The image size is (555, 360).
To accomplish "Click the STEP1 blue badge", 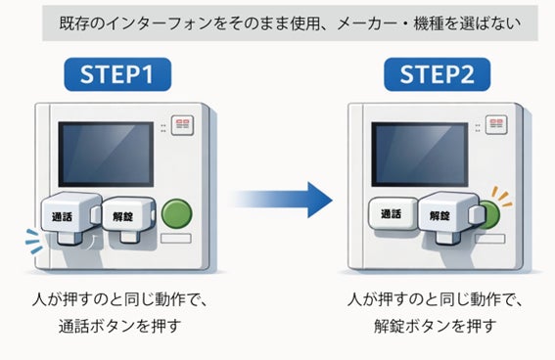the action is [117, 74].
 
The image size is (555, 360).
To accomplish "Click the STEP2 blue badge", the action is [438, 74].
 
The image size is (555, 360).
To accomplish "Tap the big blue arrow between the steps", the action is [281, 200].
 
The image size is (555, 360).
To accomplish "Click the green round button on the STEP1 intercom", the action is [176, 213].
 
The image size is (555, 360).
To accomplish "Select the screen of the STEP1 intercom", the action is [106, 155].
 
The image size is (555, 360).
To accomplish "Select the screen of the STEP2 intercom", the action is [420, 155].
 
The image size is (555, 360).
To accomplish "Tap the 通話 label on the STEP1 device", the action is [63, 216].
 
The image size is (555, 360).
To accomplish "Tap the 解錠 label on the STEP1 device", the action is [122, 216].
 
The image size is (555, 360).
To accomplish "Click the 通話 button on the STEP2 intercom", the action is [393, 213].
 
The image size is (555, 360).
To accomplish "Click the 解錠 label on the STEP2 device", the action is [439, 215].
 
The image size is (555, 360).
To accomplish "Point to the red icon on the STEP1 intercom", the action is [182, 124].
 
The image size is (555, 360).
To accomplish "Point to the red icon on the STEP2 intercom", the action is [496, 124].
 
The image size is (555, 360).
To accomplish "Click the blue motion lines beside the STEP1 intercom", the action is [33, 242].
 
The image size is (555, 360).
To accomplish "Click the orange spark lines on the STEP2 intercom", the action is [502, 197].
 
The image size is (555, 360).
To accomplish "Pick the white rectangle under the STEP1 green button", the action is [176, 239].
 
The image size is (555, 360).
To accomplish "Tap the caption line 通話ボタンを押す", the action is [119, 326].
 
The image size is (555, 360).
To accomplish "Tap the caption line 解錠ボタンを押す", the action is [435, 326].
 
